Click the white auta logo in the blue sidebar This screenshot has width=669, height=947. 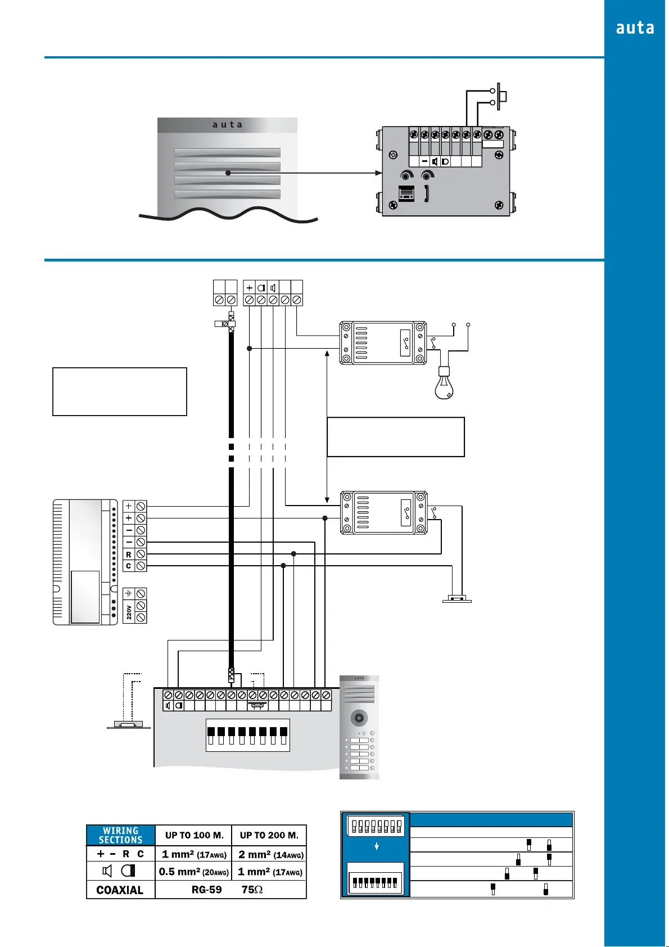point(635,28)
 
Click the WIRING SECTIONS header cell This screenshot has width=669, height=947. point(120,835)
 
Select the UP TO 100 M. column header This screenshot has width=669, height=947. point(194,835)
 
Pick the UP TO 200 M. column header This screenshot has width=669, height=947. point(269,835)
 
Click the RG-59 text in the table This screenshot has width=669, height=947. point(207,890)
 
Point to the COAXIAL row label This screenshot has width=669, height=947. point(120,890)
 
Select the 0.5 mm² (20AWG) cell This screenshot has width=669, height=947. point(193,872)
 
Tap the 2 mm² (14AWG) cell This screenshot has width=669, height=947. point(270,854)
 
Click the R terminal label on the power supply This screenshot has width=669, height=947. point(129,554)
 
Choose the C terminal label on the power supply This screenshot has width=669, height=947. point(129,566)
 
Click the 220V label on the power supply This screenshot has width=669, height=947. point(129,612)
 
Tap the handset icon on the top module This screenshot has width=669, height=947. point(427,193)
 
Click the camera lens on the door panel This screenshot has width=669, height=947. point(359,718)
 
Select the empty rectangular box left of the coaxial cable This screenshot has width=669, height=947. point(119,391)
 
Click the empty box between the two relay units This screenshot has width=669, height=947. point(396,437)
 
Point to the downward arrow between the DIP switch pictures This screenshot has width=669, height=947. point(377,846)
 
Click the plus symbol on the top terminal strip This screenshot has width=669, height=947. point(250,288)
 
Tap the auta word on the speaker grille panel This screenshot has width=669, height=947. point(227,125)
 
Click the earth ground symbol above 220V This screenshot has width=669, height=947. point(129,593)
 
